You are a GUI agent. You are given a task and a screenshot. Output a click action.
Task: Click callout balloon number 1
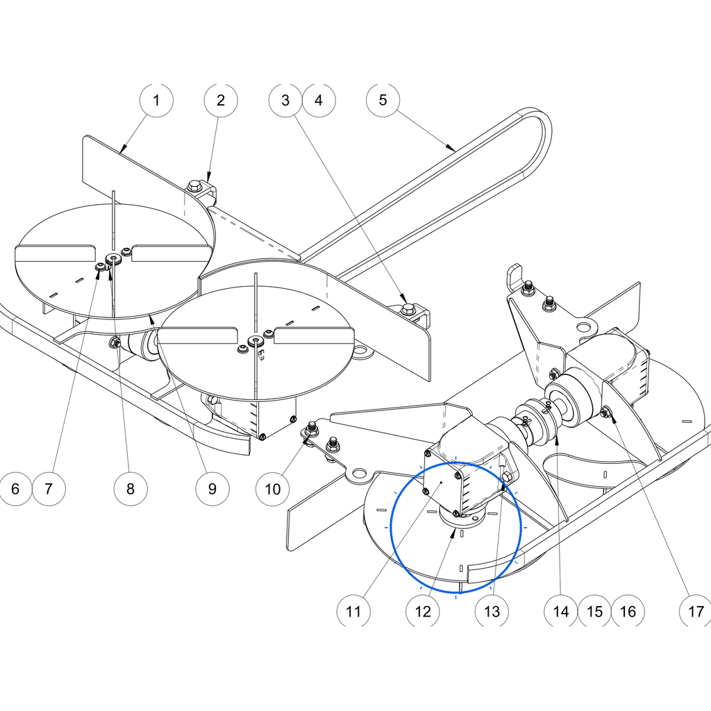point(156,100)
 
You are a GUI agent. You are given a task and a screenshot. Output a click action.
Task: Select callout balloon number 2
point(221,100)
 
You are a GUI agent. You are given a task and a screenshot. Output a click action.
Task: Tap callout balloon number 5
point(383,100)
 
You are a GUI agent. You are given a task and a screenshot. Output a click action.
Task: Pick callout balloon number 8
point(131,489)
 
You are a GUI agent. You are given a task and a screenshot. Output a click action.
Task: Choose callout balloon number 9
point(212,489)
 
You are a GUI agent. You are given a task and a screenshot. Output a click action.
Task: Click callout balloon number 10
point(272,489)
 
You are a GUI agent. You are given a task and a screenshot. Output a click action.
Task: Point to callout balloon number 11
point(353,611)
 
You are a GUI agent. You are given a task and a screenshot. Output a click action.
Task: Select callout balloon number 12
point(423,611)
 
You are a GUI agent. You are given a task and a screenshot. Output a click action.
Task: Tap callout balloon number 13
point(492,611)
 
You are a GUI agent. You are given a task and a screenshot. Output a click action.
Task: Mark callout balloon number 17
point(696,611)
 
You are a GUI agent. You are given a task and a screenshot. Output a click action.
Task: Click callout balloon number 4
point(319,100)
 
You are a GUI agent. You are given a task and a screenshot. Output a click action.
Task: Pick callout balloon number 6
point(15,489)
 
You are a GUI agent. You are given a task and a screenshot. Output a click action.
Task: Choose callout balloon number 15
point(594,611)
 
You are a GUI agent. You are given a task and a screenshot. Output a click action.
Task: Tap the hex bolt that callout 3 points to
point(406,310)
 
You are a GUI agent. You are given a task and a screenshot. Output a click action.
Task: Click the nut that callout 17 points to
point(605,412)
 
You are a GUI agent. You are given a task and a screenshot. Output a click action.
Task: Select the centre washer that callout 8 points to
point(113,259)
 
